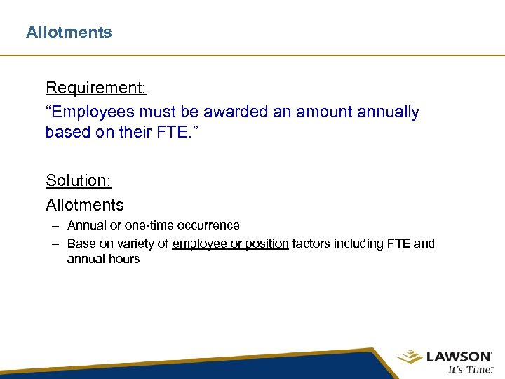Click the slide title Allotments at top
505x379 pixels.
point(69,32)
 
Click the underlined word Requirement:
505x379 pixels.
point(96,88)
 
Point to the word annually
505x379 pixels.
point(387,112)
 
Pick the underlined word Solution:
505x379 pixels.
point(79,180)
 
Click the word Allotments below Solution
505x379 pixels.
point(84,205)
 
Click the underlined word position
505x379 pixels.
point(262,244)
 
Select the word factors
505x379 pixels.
point(312,244)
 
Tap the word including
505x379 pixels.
point(358,244)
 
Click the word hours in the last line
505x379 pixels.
point(123,259)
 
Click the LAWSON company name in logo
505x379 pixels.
point(459,357)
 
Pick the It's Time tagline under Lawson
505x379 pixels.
point(471,370)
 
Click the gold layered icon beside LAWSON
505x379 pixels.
point(410,358)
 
